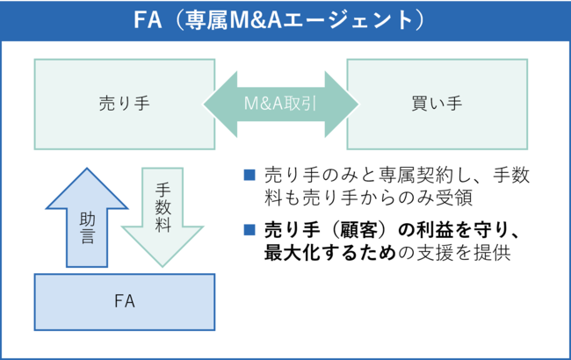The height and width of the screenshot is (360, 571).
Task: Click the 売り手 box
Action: [x=124, y=104]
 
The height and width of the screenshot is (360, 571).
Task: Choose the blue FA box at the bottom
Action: [x=124, y=301]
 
